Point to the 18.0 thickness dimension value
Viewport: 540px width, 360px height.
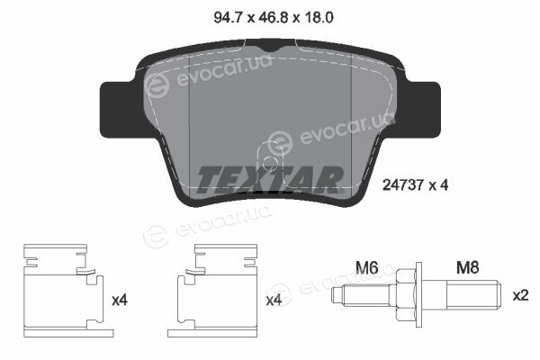[x=319, y=17]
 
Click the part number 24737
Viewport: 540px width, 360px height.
[x=403, y=185]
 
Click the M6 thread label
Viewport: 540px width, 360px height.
[x=367, y=267]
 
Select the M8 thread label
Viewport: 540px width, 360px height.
[x=468, y=267]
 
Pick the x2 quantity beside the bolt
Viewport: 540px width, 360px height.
[x=520, y=295]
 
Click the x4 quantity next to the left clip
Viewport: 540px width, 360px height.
[x=120, y=301]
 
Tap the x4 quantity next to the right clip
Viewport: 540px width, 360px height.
[x=274, y=301]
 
